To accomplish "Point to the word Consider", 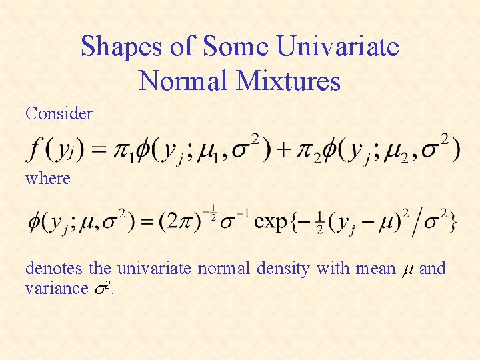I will point(59,113).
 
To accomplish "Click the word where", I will point(47,178).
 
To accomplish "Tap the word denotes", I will point(54,269).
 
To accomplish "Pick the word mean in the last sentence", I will point(375,269).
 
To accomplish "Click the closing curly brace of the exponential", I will point(453,221).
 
